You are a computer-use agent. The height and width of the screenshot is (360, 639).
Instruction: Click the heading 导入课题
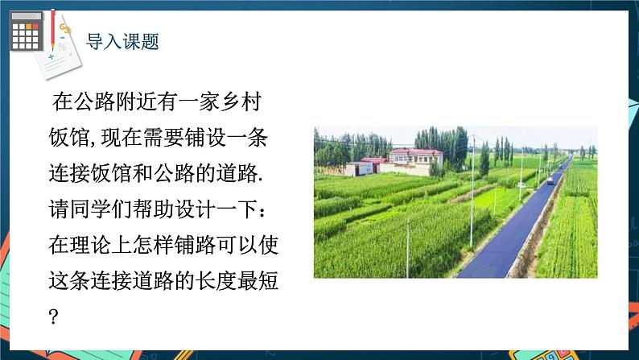point(122,40)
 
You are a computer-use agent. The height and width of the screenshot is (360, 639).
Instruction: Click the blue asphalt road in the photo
point(507,242)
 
